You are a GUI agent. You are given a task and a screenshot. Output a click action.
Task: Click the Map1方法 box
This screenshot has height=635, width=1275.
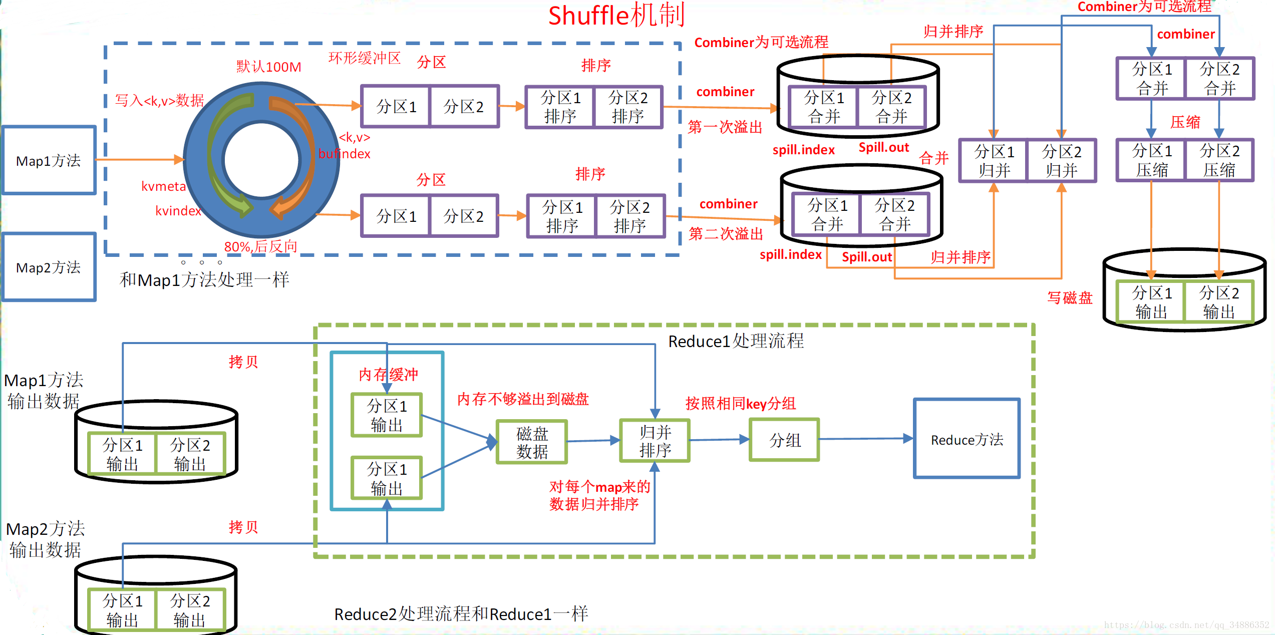click(49, 160)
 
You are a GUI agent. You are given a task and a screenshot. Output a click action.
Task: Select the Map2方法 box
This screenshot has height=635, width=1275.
click(49, 267)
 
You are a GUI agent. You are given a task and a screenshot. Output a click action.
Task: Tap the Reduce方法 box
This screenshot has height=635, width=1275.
click(967, 439)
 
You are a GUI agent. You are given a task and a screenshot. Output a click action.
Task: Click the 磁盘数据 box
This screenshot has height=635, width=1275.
click(532, 442)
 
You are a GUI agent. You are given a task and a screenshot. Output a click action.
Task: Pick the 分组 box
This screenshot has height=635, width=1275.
click(784, 440)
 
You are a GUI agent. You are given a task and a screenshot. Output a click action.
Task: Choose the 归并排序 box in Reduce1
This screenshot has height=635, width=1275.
click(655, 440)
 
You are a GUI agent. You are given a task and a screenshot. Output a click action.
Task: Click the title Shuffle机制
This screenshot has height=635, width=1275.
click(616, 15)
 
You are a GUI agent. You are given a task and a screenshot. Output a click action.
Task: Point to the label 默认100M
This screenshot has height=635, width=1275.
click(269, 67)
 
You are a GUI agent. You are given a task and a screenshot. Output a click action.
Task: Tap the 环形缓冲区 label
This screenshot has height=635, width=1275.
click(365, 58)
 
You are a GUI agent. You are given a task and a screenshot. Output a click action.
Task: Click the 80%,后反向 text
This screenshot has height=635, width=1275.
click(261, 246)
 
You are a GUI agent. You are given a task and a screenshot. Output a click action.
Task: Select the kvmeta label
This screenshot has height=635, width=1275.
click(164, 186)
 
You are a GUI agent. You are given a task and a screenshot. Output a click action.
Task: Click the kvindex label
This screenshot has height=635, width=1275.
click(178, 210)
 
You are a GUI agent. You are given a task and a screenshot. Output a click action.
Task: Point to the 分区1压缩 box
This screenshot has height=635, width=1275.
click(1151, 160)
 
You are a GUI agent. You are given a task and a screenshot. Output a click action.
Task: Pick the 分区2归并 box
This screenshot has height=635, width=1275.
click(1061, 160)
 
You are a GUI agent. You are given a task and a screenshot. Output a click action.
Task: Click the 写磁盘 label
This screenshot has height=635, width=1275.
click(1070, 298)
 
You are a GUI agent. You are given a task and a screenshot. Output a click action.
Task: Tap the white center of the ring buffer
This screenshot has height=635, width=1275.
click(261, 160)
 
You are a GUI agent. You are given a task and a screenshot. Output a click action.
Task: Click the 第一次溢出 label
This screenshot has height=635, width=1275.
click(725, 127)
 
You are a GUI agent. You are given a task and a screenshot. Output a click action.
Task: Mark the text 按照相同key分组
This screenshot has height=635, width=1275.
click(741, 403)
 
